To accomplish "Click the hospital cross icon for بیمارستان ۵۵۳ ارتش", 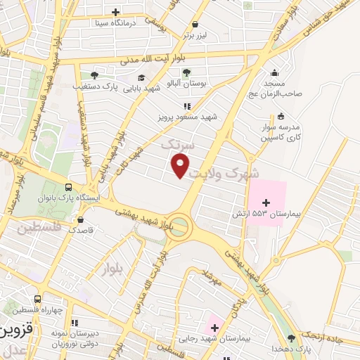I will [265, 202].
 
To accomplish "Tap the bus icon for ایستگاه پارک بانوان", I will [69, 188].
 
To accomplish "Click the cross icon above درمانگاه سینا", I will [116, 12].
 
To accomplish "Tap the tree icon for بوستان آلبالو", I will [186, 72].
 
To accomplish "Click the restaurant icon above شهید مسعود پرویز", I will [186, 105].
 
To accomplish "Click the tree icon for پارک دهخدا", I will [292, 339].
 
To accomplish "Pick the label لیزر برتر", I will [198, 34].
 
